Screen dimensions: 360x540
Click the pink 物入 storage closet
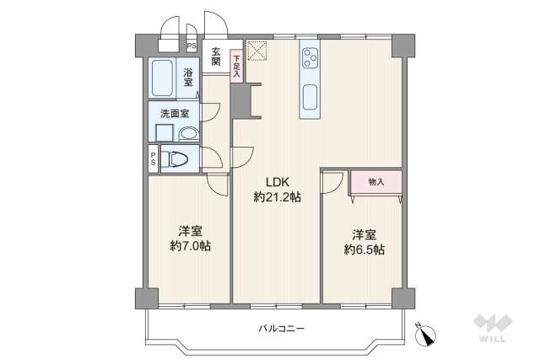coord(375,182)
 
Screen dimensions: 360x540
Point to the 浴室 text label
coord(188,78)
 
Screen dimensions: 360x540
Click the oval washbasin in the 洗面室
coord(188,133)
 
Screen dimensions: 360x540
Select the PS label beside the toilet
coord(153,158)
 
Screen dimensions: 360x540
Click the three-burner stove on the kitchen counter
coord(310,59)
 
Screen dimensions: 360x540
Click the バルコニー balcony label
coord(281,327)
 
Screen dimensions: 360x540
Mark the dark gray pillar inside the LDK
coord(241,100)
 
